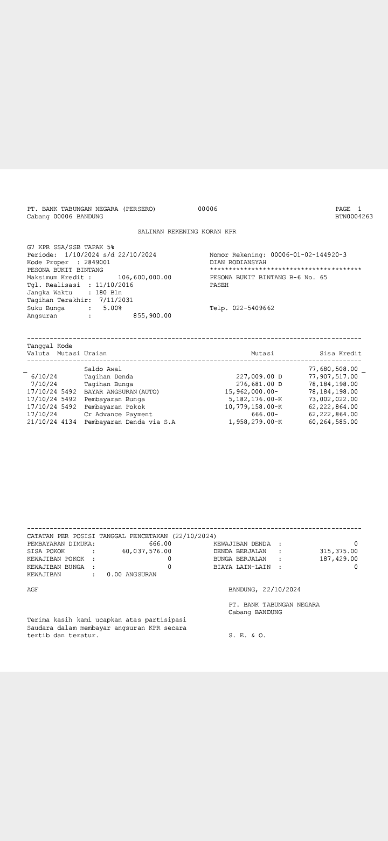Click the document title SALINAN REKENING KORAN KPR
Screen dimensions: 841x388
coord(186,232)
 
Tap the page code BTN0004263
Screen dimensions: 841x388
coord(354,217)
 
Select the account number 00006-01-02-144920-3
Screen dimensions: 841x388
coord(308,254)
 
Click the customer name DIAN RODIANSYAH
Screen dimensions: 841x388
coord(238,263)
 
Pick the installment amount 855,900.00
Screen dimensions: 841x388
coord(152,316)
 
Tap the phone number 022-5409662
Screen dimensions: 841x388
coord(253,308)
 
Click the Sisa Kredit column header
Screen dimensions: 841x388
coord(340,354)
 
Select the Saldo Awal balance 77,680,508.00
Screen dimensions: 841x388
coord(332,369)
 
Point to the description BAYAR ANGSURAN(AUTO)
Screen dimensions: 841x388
coord(122,391)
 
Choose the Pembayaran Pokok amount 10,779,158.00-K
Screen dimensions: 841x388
coord(255,406)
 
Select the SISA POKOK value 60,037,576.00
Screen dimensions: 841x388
coord(147,552)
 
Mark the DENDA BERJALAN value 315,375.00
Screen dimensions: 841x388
coord(338,552)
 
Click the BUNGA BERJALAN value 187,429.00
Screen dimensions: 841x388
coord(338,559)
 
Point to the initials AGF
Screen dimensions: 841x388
coord(33,590)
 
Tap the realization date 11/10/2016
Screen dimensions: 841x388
coord(114,285)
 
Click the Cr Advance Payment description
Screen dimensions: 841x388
coord(118,414)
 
